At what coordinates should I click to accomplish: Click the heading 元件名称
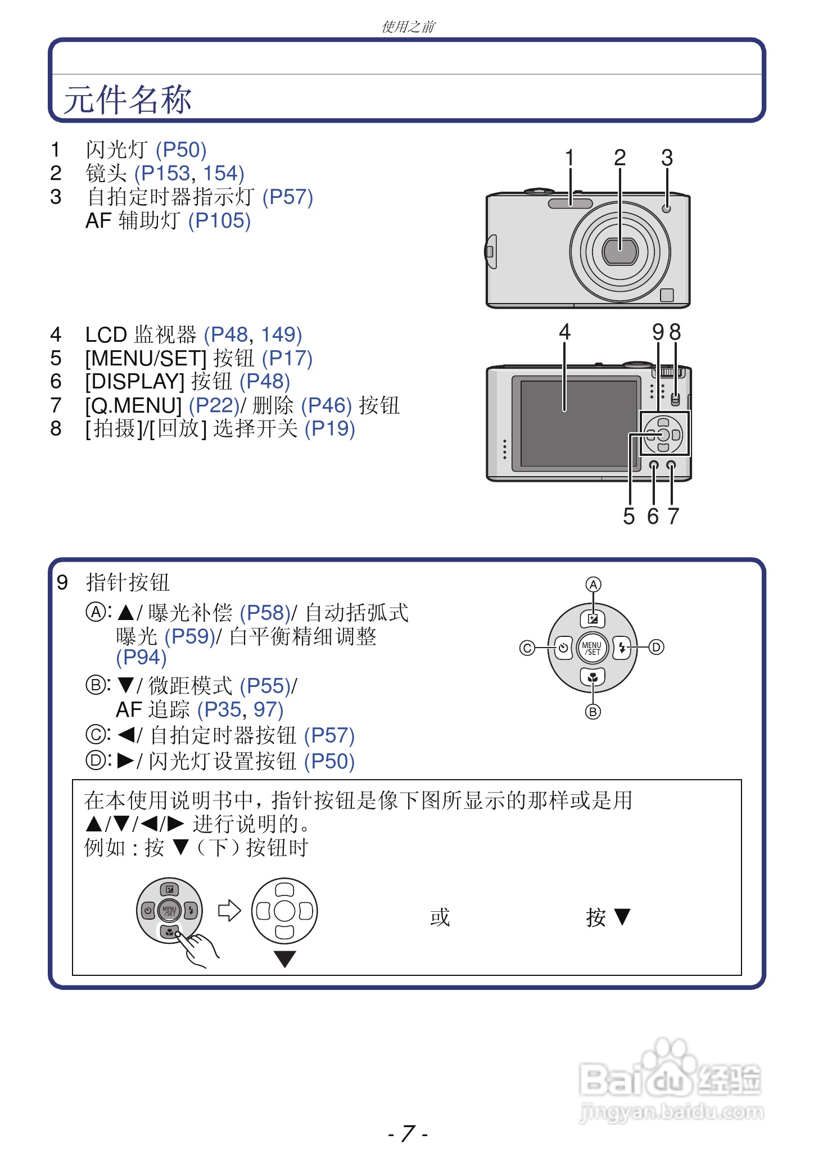pyautogui.click(x=128, y=100)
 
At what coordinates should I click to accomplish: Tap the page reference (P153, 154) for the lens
pyautogui.click(x=189, y=174)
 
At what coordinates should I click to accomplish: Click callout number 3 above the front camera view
pyautogui.click(x=667, y=158)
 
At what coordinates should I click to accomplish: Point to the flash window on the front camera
pyautogui.click(x=570, y=203)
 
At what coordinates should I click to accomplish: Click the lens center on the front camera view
pyautogui.click(x=620, y=251)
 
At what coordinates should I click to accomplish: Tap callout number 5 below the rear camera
pyautogui.click(x=629, y=516)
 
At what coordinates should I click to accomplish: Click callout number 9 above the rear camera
pyautogui.click(x=658, y=332)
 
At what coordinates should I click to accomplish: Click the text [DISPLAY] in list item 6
pyautogui.click(x=135, y=382)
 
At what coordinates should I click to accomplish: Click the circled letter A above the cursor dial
pyautogui.click(x=593, y=585)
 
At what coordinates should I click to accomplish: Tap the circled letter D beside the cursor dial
pyautogui.click(x=656, y=648)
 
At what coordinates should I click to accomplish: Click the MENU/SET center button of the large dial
pyautogui.click(x=593, y=648)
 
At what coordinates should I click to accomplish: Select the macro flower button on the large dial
pyautogui.click(x=593, y=677)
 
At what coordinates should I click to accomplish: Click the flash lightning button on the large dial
pyautogui.click(x=622, y=648)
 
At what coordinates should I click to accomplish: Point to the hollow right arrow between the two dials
pyautogui.click(x=229, y=911)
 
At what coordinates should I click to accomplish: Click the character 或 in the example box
pyautogui.click(x=440, y=917)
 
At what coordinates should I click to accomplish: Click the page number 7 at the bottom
pyautogui.click(x=408, y=1133)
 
